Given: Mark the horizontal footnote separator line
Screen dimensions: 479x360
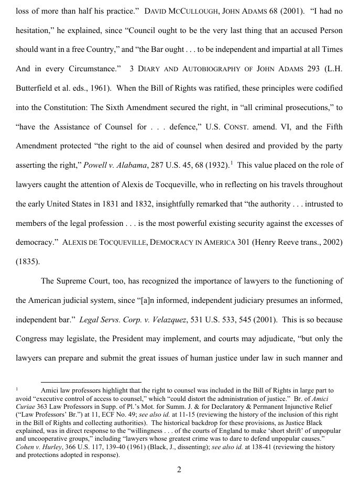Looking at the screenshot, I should (x=91, y=382).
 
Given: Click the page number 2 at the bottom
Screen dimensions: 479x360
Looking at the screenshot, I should (x=179, y=470).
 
